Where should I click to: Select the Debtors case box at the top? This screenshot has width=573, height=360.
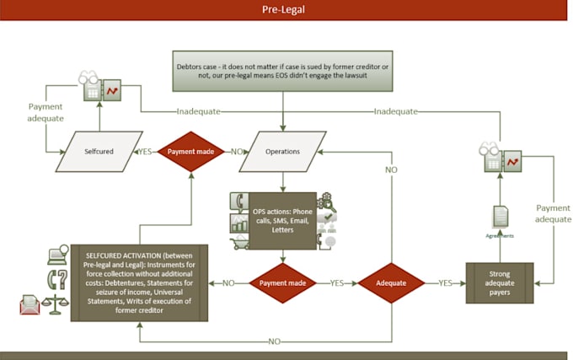pos(282,70)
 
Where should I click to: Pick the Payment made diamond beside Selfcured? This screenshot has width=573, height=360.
pos(194,152)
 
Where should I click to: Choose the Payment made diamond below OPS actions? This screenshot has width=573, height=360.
pos(282,283)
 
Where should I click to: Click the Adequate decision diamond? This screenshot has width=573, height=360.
pos(391,283)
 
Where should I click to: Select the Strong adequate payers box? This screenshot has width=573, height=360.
pos(500,284)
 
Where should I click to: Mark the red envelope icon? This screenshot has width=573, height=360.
pos(30,305)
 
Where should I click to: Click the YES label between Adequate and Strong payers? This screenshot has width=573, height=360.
pos(445,283)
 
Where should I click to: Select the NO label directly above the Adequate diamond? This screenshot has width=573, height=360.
pos(391,169)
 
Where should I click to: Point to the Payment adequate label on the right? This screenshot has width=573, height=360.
pos(553,212)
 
